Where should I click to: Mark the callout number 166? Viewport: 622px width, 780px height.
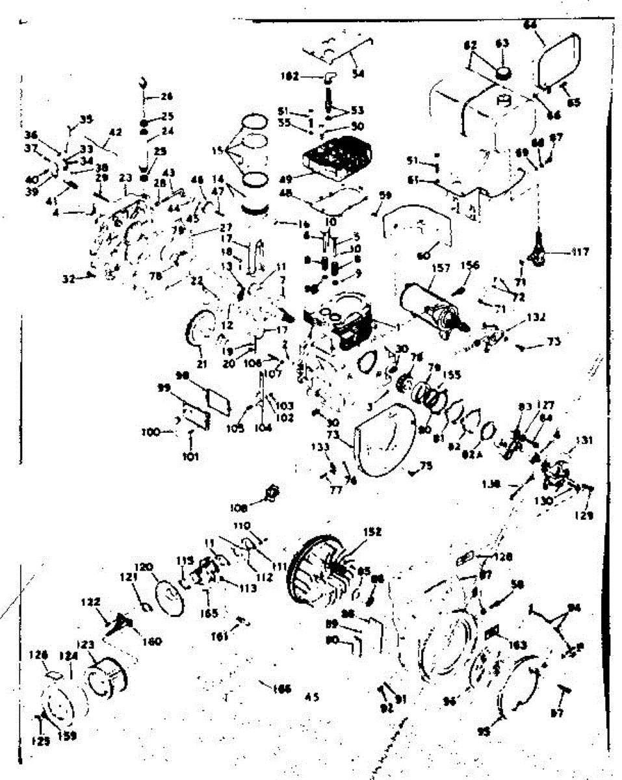point(282,690)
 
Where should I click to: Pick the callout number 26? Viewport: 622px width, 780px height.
point(166,97)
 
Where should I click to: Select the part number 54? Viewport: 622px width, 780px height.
point(357,75)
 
